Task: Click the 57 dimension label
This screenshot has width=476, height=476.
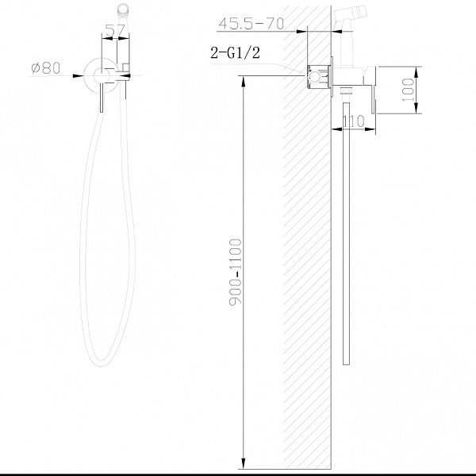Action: [115, 30]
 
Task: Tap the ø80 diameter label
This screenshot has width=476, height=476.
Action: [45, 68]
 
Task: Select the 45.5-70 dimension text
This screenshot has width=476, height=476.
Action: [251, 23]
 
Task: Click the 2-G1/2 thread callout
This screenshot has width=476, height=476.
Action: [236, 52]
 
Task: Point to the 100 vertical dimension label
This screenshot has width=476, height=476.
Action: [408, 90]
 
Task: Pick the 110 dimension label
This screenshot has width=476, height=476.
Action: [353, 121]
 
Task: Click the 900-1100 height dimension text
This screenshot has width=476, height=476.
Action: [236, 272]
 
